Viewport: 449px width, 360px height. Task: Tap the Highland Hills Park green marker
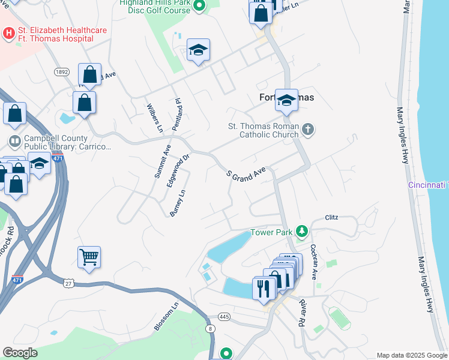pyautogui.click(x=200, y=5)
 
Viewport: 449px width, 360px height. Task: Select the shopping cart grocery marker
pyautogui.click(x=89, y=257)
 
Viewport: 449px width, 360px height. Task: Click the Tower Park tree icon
pyautogui.click(x=303, y=232)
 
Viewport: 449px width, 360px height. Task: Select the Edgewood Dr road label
pyautogui.click(x=178, y=169)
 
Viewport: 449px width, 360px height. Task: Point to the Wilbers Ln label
pyautogui.click(x=154, y=118)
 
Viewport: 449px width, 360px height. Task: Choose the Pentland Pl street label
pyautogui.click(x=177, y=115)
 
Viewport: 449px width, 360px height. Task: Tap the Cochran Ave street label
pyautogui.click(x=314, y=262)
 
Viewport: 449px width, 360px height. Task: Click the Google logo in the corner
pyautogui.click(x=19, y=353)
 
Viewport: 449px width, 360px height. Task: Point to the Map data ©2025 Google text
pyautogui.click(x=412, y=355)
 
